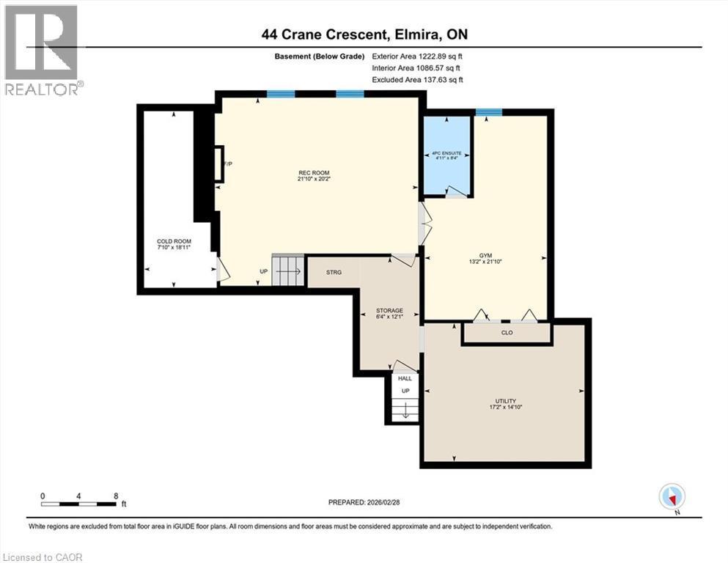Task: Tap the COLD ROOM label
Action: pos(173,241)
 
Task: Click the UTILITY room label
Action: pos(505,401)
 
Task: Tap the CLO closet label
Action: pos(506,332)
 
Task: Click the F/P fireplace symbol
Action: pos(218,163)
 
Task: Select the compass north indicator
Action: pos(672,496)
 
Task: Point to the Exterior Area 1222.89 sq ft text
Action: pos(417,56)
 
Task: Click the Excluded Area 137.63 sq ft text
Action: pos(417,80)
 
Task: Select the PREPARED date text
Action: pos(364,502)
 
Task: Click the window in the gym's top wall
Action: pos(488,112)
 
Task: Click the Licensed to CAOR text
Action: pos(43,557)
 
